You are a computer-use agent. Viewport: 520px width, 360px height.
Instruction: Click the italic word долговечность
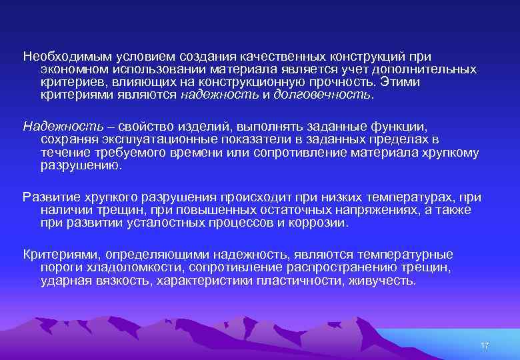pyautogui.click(x=323, y=95)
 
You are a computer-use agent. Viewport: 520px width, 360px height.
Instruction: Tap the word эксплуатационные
pyautogui.click(x=147, y=139)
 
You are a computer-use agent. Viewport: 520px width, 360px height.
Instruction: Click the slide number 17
pyautogui.click(x=485, y=345)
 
